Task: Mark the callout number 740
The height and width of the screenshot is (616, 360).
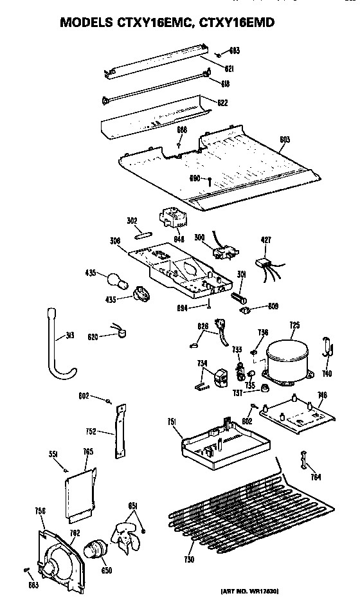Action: (327, 374)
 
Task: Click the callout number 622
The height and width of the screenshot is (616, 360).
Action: (222, 103)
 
